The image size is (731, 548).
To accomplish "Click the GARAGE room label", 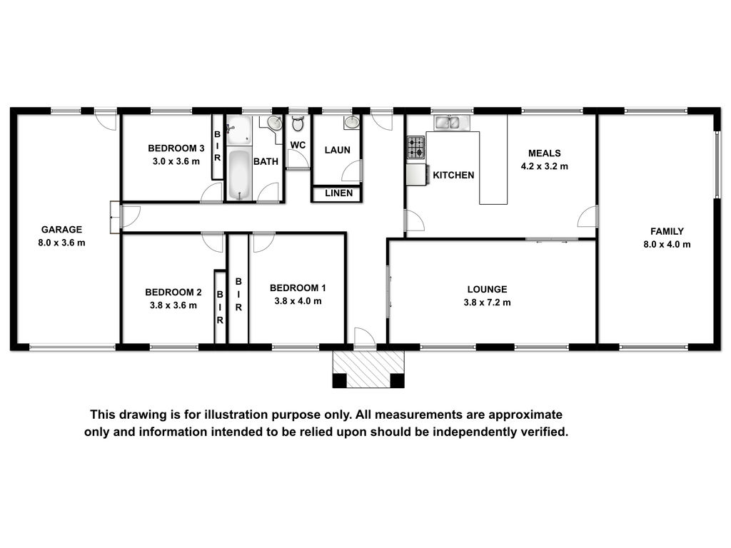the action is pos(61,229).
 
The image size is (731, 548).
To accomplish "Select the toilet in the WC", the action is pos(298,123).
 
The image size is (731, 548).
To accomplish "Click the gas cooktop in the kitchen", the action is pos(416,147).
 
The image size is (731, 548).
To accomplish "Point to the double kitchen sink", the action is pos(447,123).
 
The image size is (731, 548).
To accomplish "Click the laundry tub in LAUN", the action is pos(351,122).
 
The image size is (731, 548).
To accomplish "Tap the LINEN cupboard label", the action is pos(339,193).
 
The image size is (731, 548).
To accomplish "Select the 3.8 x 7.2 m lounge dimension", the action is pos(487,303).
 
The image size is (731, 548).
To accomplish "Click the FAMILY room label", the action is pos(667,231).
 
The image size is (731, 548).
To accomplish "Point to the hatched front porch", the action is pos(368,369).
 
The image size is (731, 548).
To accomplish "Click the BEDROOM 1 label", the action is pos(298,288).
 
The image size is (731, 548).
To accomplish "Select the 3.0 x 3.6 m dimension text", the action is pos(176,162).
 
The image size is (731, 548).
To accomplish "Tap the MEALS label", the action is pos(545,153).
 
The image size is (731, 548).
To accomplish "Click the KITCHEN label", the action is pos(453,176).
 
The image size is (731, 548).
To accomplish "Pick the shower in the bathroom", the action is pos(238,130).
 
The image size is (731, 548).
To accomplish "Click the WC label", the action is pos(298,145).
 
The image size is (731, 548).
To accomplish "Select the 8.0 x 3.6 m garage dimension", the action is pos(61,243).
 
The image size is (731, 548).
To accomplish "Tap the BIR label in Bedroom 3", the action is pos(217,146).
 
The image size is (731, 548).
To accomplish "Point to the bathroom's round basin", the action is pos(275,123).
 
